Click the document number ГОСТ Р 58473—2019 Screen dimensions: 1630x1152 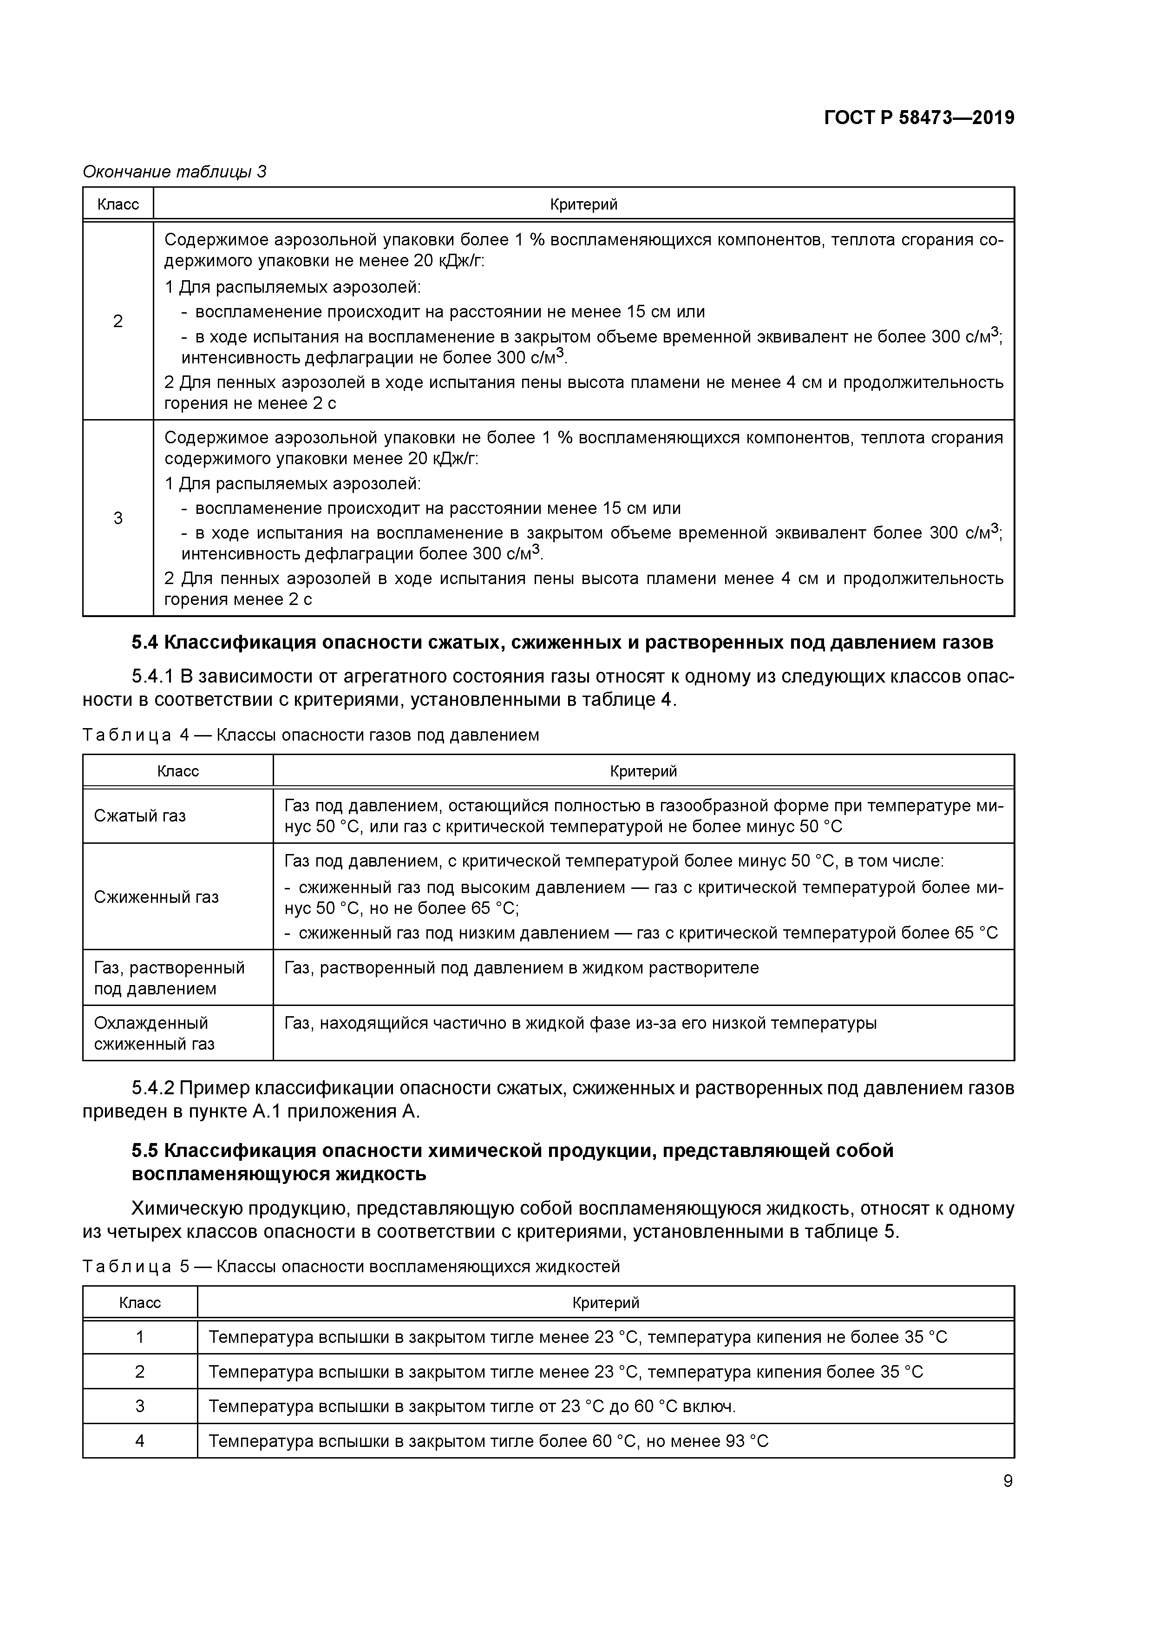(918, 118)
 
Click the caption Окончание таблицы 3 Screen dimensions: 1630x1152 (174, 172)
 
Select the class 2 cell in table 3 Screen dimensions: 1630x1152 (118, 321)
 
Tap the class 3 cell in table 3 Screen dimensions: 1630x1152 (118, 518)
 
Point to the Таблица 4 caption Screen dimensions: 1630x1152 (310, 735)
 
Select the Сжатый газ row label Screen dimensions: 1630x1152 (140, 816)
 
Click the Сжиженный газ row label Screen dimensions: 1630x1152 (156, 897)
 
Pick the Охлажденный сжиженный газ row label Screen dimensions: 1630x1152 (154, 1033)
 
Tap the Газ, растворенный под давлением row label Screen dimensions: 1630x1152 (169, 978)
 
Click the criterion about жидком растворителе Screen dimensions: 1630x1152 (521, 967)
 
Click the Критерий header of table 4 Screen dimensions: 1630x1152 (643, 771)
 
